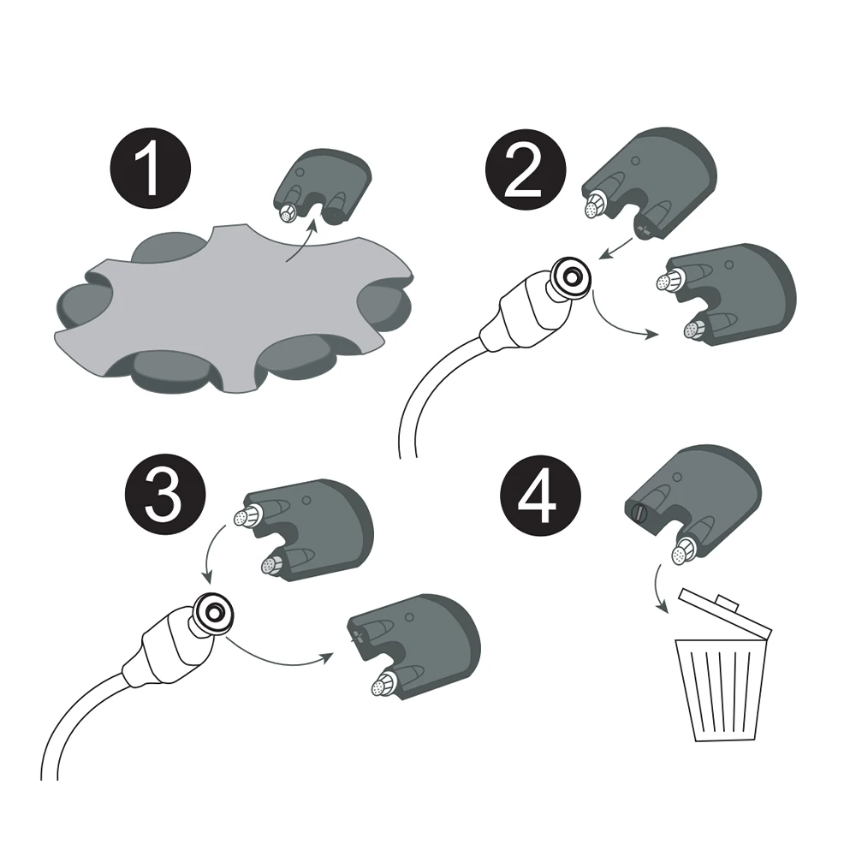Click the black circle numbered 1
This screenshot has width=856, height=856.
click(150, 168)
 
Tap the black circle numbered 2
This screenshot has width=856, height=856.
click(526, 169)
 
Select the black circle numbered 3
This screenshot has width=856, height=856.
click(165, 495)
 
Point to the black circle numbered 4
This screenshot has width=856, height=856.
click(540, 494)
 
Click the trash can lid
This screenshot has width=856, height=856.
click(726, 613)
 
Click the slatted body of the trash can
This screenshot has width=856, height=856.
click(721, 690)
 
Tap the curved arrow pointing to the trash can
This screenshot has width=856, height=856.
click(658, 589)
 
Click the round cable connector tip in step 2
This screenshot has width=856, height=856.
click(570, 278)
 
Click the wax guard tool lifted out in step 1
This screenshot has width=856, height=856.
click(323, 185)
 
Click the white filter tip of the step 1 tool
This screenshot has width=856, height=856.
click(287, 214)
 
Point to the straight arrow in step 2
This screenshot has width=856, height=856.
click(615, 248)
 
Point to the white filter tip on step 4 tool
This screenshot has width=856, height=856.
click(681, 555)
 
